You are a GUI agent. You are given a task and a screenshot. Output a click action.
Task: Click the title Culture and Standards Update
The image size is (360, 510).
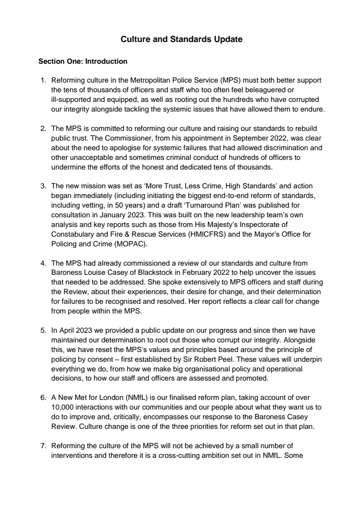pyautogui.click(x=181, y=39)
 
